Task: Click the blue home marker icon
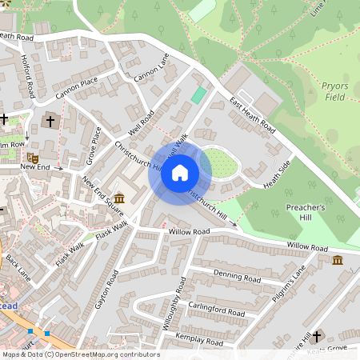(180, 173)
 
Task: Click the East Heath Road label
(252, 117)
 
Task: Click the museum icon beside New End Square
(119, 198)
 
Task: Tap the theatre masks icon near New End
(32, 158)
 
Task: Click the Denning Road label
(237, 278)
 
